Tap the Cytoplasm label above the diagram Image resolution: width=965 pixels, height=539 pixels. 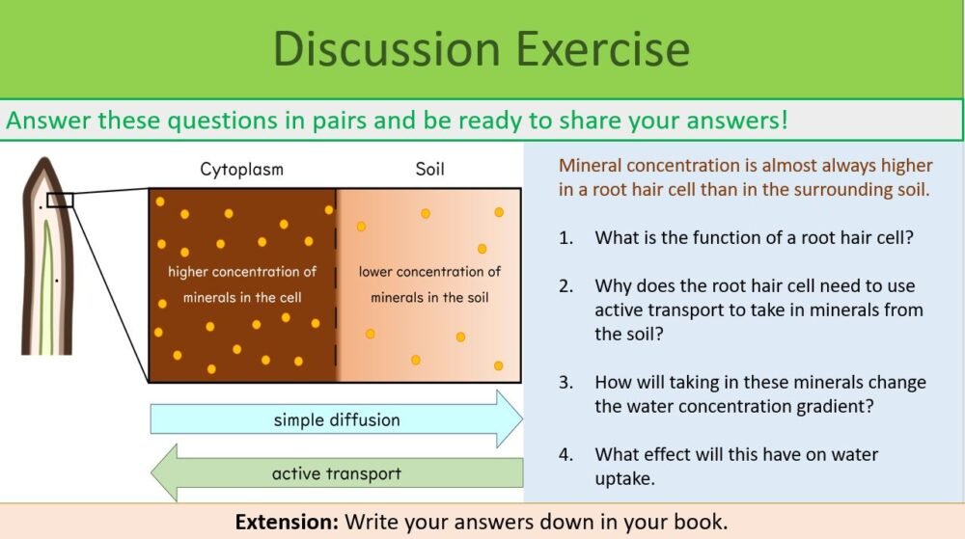[241, 171]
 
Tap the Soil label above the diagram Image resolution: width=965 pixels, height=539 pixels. [429, 171]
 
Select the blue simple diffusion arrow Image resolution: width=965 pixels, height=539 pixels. [336, 419]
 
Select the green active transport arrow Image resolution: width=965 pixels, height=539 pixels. [336, 473]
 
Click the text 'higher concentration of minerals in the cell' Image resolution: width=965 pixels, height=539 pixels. [242, 284]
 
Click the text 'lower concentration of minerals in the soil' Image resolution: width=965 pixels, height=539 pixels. [429, 284]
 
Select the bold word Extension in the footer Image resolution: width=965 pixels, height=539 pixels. [287, 522]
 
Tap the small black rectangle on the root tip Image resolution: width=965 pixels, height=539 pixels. [60, 200]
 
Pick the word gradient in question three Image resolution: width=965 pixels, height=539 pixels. [838, 406]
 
